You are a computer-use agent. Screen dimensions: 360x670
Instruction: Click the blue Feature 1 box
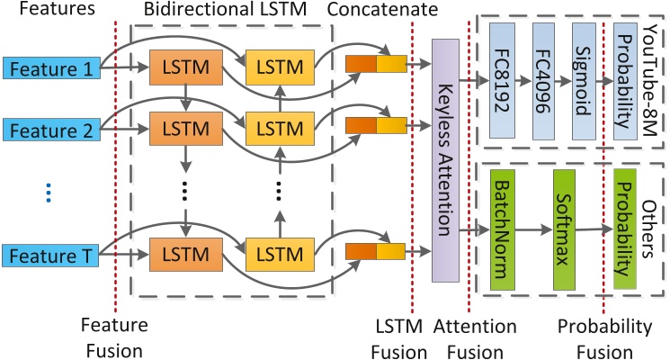pos(50,67)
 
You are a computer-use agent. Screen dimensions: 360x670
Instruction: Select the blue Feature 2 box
pos(50,130)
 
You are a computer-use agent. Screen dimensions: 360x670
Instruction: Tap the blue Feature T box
pos(50,255)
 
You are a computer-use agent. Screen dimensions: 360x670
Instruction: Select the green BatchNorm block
pos(502,233)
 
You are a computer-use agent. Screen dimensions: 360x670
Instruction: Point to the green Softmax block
pos(564,233)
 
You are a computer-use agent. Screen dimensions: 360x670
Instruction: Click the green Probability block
pos(625,233)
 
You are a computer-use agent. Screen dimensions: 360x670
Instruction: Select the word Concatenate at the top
pos(383,12)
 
